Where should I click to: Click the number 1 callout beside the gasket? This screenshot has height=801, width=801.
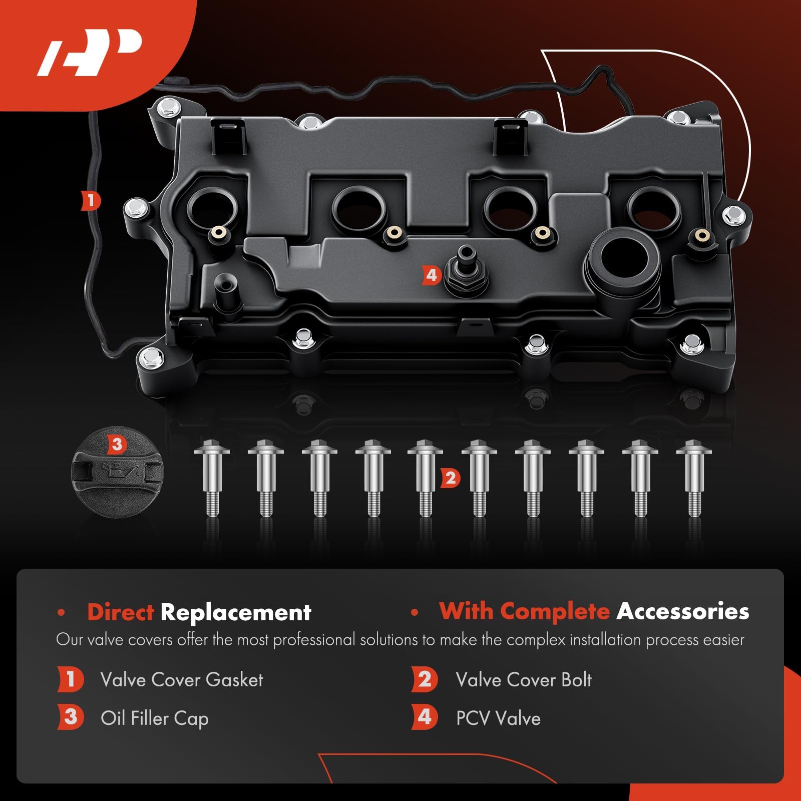pos(91,201)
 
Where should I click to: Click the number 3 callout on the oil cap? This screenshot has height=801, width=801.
pos(117,444)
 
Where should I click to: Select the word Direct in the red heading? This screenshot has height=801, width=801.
pos(121,612)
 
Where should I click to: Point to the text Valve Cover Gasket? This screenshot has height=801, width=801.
pos(181,680)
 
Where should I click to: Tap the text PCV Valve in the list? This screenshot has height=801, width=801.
pos(498,718)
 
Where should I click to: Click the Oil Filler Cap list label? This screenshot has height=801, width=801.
pos(154,718)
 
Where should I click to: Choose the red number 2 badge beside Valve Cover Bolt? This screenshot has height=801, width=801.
pos(425,679)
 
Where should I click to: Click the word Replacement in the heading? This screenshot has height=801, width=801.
pos(236,612)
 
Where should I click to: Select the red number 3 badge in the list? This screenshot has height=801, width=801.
pos(70,717)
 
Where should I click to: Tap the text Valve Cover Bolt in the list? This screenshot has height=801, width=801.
pos(524,680)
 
